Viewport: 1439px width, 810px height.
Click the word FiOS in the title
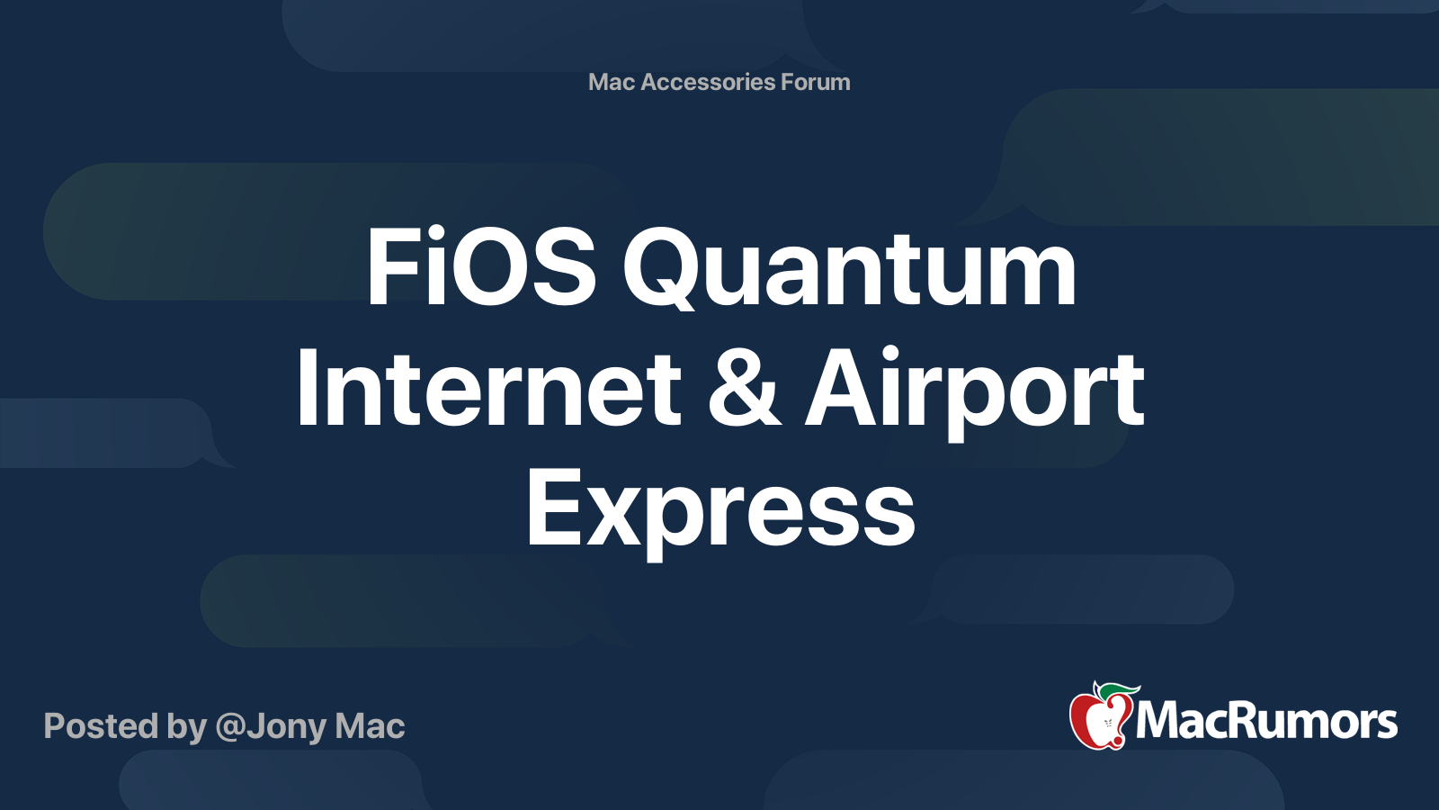[x=480, y=267]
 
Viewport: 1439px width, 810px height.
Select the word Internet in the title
[x=488, y=389]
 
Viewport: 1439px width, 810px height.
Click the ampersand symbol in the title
[x=744, y=389]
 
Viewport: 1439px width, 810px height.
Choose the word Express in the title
[x=720, y=510]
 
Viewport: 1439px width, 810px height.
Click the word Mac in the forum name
[x=612, y=82]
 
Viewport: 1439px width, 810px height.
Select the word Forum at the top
[x=816, y=82]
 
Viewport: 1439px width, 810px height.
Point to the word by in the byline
[x=186, y=727]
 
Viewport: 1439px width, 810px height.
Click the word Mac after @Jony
[x=370, y=726]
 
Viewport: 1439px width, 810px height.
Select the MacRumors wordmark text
[x=1266, y=722]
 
